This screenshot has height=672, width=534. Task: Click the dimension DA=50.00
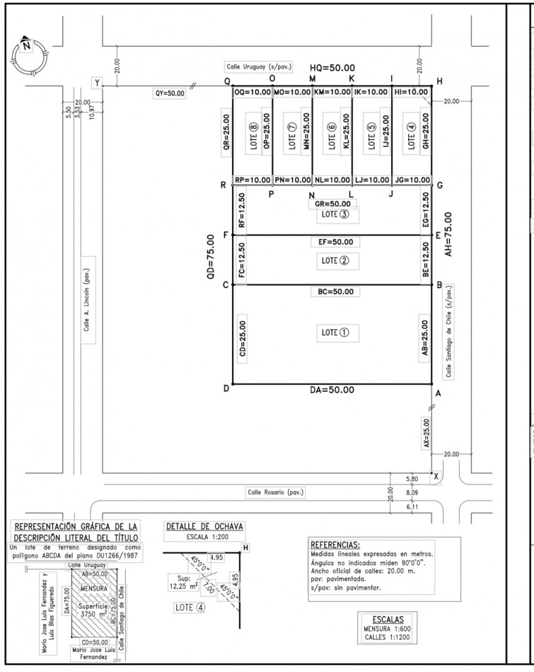[332, 390]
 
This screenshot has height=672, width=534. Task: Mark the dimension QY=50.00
[170, 93]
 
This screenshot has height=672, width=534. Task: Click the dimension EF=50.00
[332, 243]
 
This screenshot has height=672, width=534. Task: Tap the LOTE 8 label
[253, 132]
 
